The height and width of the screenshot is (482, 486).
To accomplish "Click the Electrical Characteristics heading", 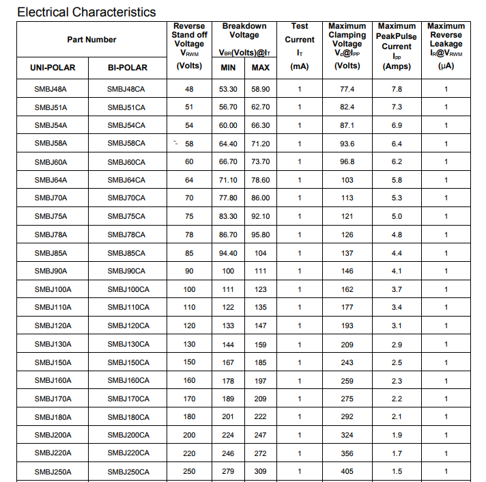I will click(86, 12).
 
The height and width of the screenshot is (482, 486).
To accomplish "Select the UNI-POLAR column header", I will click(53, 68).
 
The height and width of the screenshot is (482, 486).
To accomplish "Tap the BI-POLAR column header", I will click(128, 68).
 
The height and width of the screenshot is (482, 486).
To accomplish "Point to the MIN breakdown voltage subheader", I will click(228, 68).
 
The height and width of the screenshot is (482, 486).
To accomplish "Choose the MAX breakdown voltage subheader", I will click(260, 68).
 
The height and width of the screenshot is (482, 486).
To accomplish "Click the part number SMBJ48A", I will click(51, 90).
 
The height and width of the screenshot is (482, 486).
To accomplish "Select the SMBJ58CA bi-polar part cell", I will click(126, 144).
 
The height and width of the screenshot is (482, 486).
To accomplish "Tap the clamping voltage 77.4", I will click(347, 90).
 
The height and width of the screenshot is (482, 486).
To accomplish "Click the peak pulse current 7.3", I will click(397, 107).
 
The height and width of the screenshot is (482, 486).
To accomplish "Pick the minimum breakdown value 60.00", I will click(228, 126).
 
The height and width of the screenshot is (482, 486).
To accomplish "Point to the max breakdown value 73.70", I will click(260, 162).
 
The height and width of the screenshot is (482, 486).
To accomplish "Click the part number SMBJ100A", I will click(53, 290).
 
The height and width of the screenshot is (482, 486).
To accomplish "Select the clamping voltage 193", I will click(347, 326).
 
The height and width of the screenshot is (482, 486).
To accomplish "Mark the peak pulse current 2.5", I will click(397, 362).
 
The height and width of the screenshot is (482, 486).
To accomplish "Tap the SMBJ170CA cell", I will click(128, 399).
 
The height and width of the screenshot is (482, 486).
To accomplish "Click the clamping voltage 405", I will click(347, 472).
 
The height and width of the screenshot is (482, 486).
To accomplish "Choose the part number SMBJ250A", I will click(53, 472).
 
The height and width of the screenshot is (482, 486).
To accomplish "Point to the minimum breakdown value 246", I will click(228, 453).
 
